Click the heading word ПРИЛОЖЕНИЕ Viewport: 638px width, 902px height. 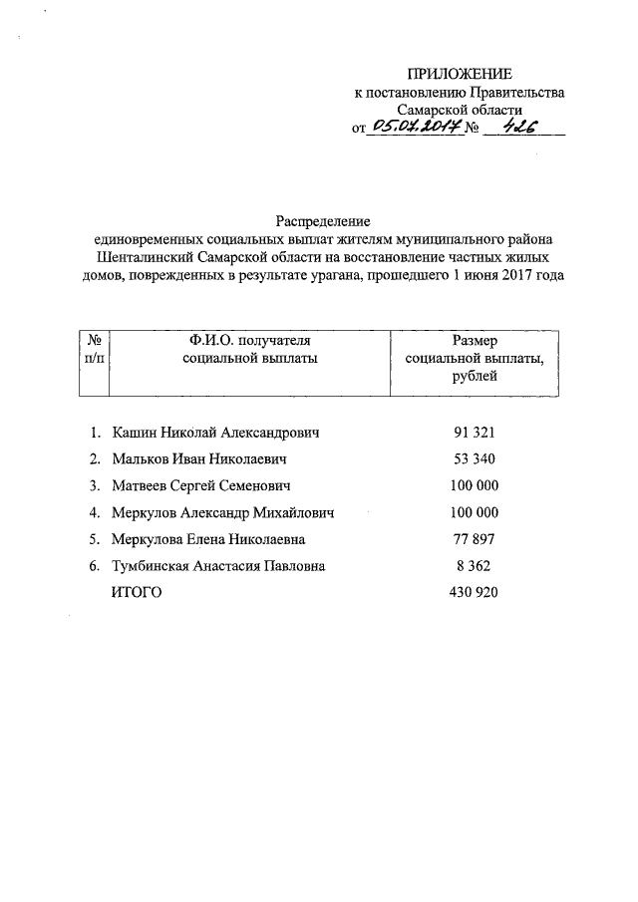click(460, 75)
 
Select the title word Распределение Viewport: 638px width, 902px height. click(323, 220)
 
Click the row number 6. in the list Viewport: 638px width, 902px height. click(94, 566)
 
